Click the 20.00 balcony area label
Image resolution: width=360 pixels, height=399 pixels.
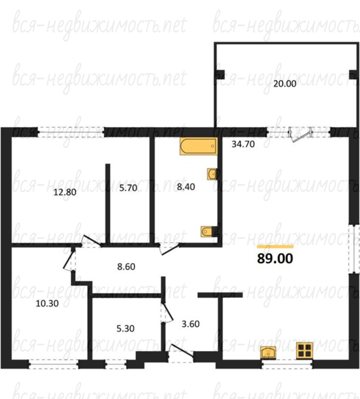tap(285, 84)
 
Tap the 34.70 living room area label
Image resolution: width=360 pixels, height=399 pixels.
tap(243, 144)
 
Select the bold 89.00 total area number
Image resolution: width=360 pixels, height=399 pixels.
tap(275, 258)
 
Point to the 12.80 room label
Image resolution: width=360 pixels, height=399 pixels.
tap(65, 192)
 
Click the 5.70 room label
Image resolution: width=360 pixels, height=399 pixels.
tap(128, 188)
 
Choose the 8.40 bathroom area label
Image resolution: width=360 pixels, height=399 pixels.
tap(186, 187)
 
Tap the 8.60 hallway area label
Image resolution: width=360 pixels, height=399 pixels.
tap(126, 267)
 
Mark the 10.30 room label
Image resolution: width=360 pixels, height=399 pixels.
tap(47, 303)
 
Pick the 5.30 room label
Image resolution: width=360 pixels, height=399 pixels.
tap(125, 328)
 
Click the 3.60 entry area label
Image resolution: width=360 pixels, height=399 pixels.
tap(190, 324)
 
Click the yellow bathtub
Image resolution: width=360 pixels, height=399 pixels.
tap(199, 146)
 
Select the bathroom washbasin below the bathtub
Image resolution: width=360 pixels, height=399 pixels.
tap(212, 174)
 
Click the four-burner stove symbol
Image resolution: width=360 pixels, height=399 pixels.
tap(304, 351)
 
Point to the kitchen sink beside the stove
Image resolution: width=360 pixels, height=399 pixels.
tap(269, 353)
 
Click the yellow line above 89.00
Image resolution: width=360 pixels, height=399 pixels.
tap(275, 246)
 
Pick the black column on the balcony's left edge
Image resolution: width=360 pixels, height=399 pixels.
tap(220, 74)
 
